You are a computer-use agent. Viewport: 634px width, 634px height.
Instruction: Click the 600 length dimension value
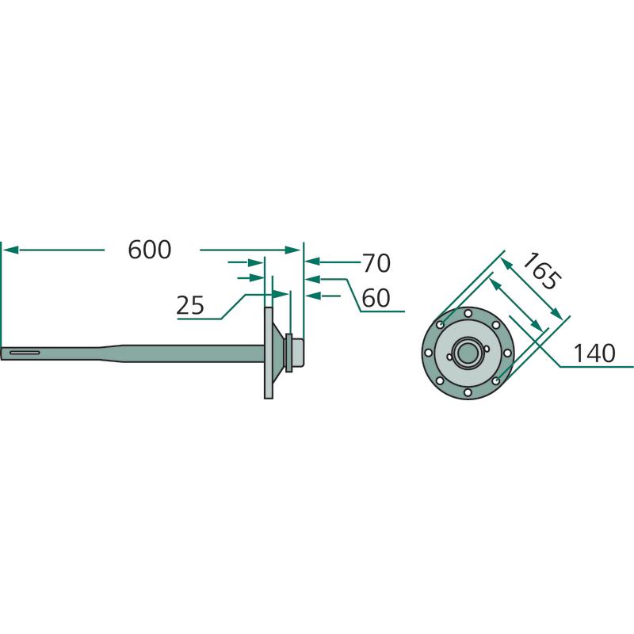(150, 250)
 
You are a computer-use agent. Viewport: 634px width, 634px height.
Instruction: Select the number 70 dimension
(376, 263)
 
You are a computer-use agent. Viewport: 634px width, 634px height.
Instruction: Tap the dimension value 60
(376, 298)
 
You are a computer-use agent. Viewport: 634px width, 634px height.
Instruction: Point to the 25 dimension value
(190, 305)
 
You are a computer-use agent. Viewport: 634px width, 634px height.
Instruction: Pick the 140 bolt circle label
(594, 353)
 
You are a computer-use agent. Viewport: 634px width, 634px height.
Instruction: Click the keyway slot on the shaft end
(25, 353)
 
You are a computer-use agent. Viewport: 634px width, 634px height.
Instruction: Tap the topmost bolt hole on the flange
(468, 313)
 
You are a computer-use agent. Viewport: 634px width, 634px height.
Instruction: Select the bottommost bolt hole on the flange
(468, 392)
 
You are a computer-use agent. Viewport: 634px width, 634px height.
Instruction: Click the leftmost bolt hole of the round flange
(428, 353)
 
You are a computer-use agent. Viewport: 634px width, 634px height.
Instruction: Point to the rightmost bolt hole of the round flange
(507, 353)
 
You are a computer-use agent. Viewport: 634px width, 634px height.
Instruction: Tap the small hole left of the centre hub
(449, 357)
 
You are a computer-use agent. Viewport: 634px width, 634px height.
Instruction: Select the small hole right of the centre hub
(487, 349)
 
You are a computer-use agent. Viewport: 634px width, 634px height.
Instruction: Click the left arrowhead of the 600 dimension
(10, 250)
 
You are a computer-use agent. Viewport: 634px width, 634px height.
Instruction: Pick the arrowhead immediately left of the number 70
(313, 262)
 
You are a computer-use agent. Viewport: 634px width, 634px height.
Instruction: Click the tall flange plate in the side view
(269, 353)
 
